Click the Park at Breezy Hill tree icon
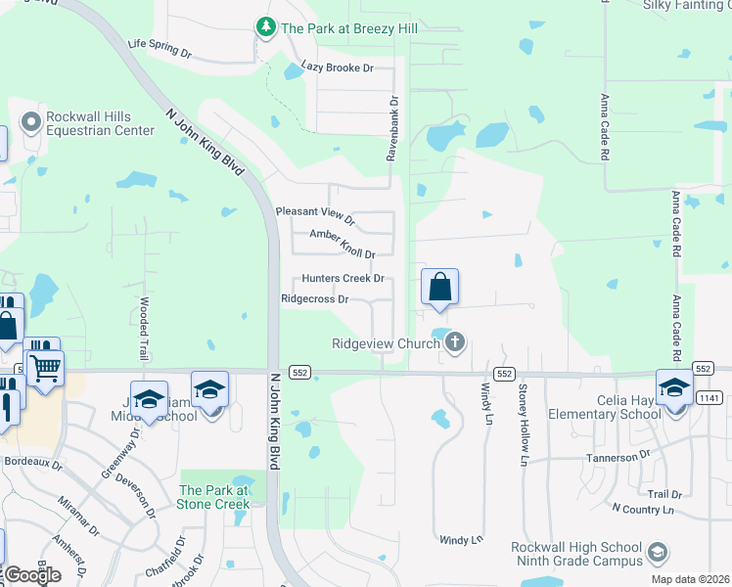coord(265,27)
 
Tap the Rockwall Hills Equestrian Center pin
coord(30,121)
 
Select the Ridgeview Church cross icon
coord(454,342)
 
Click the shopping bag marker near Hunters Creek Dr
coord(440,288)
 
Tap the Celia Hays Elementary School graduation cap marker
coord(674,388)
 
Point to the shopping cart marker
coord(45,370)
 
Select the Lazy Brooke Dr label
coord(339,68)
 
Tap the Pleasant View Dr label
coord(314,211)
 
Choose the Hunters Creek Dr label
coord(343,279)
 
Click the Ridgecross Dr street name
coord(315,299)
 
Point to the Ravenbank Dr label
coord(392,128)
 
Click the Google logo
coord(33,575)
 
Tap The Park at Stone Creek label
coord(213,497)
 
